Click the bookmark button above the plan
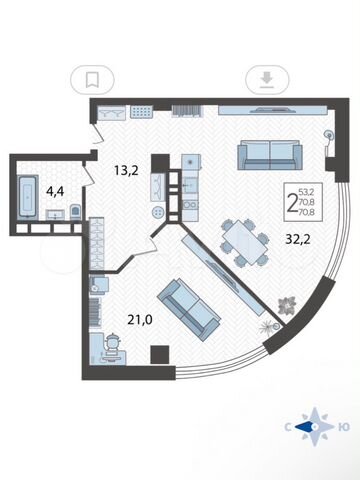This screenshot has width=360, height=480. click(x=92, y=80)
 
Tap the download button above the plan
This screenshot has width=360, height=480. click(x=267, y=80)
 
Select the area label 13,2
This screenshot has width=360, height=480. click(x=126, y=171)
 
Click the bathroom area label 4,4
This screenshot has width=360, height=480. click(x=55, y=192)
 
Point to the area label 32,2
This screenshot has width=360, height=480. click(x=298, y=239)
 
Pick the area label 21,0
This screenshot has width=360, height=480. click(x=140, y=320)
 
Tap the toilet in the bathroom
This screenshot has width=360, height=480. click(x=76, y=212)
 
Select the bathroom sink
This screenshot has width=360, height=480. click(x=56, y=214)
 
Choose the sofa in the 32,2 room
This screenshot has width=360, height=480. click(x=270, y=155)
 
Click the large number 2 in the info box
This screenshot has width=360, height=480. click(x=292, y=202)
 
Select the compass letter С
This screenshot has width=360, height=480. click(x=287, y=427)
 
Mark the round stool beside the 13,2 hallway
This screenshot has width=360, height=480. click(x=158, y=212)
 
